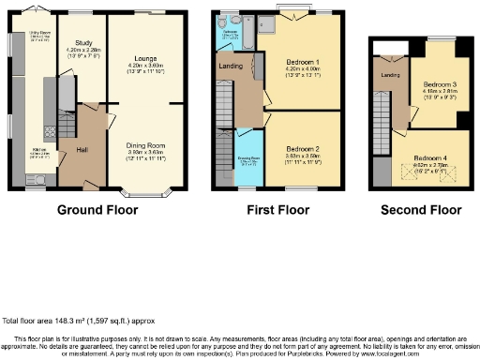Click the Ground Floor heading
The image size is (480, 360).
[x=97, y=210]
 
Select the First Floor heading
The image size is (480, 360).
[x=277, y=210]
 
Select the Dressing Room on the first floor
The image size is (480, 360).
[x=248, y=159]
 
